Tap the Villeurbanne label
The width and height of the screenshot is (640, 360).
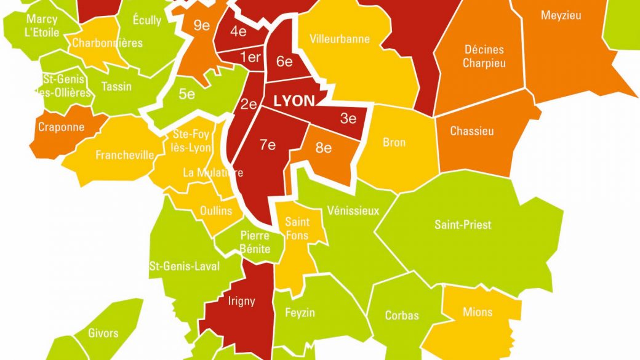pos(340,39)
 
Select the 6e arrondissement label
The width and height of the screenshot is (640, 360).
pos(284,62)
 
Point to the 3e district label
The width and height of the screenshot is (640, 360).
pos(348,119)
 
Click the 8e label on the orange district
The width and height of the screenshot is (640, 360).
pos(324,148)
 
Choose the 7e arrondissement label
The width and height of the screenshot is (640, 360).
pos(268,145)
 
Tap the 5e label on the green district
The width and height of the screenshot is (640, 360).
pos(186,94)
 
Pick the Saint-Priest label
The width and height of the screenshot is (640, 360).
pos(463,225)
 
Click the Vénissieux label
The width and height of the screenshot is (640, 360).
pos(353,210)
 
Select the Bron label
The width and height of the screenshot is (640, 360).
pos(394,142)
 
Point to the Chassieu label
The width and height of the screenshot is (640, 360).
pos(472,131)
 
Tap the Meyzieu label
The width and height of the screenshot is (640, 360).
pos(561,15)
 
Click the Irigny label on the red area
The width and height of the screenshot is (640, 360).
pos(241,301)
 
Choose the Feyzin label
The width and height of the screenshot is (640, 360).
pos(300,313)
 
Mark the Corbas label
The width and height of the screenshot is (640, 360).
pos(402,316)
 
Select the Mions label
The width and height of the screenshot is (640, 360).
pos(478,312)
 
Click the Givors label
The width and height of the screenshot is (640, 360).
pos(103,333)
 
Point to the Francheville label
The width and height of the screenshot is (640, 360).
pos(124,155)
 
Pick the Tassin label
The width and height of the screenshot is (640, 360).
pos(116,86)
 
